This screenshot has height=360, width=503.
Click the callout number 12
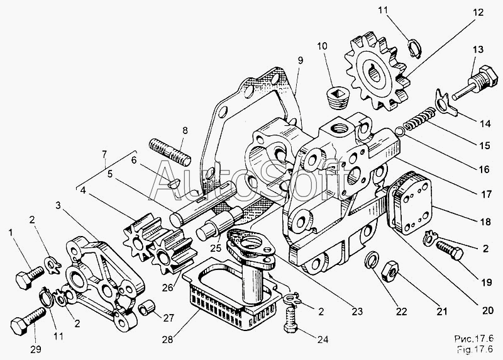tap(477, 13)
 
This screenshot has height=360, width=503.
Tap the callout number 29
tap(36, 349)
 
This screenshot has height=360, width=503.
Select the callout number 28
tap(167, 339)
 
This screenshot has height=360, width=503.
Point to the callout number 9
tap(301, 60)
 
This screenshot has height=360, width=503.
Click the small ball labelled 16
tap(400, 131)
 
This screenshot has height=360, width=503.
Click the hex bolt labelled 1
tap(30, 277)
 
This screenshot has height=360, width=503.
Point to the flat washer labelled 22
tap(372, 259)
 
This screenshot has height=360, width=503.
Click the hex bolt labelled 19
tap(450, 249)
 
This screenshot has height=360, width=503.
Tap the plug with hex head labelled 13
tap(475, 83)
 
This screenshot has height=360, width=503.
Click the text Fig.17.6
tap(475, 349)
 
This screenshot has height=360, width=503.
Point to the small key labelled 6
tap(174, 184)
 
